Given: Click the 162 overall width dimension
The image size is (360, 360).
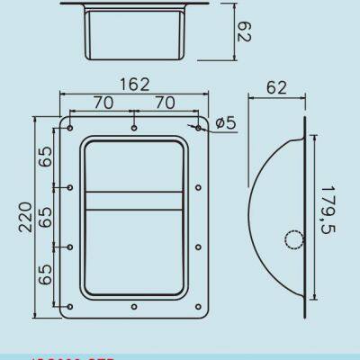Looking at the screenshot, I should coord(134,85).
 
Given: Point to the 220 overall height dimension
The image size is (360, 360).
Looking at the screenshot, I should coord(25,217).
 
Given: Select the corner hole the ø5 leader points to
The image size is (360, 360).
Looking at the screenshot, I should coord(197,128).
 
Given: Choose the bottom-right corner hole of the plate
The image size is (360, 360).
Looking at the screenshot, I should coord(197,306).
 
